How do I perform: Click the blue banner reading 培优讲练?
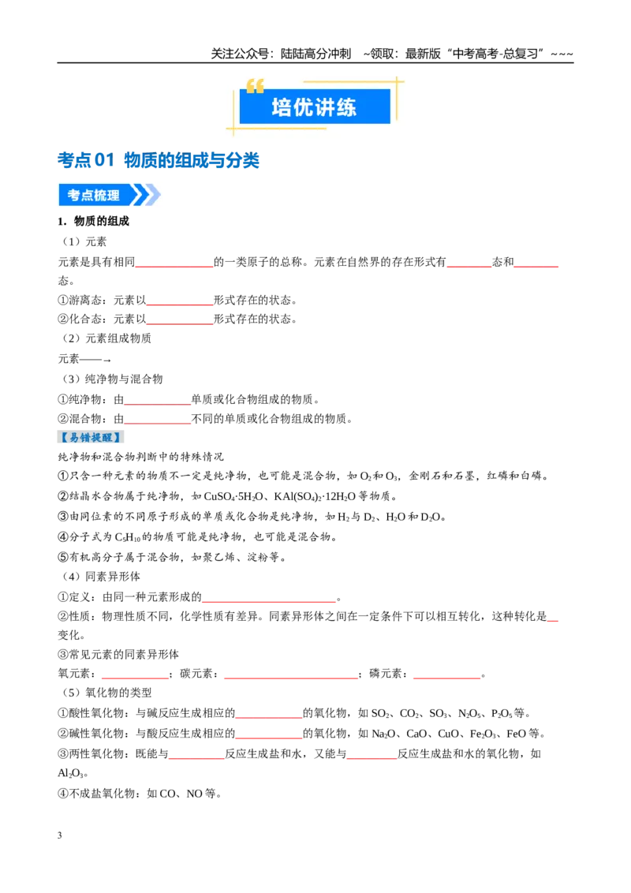pos(315,106)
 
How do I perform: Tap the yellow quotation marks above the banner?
pos(255,85)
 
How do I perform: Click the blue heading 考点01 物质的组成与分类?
pos(159,160)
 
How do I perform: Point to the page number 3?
pos(60,835)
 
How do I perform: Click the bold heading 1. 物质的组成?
pos(93,221)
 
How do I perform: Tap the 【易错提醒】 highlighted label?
pos(91,437)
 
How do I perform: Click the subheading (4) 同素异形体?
pos(100,577)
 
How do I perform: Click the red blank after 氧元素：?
pos(136,678)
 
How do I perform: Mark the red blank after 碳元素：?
pos(291,678)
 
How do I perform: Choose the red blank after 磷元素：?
pos(447,678)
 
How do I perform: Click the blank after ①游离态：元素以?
pos(179,305)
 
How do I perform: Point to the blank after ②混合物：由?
pos(157,423)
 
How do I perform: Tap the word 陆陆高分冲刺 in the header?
pos(315,54)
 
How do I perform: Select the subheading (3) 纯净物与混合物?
pos(112,379)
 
